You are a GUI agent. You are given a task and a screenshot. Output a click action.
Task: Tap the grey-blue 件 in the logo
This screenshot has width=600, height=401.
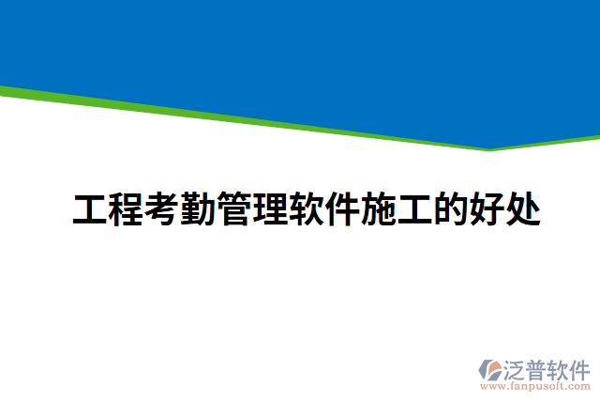579,368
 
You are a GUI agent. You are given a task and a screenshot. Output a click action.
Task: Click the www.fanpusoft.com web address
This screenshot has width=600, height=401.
535,385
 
